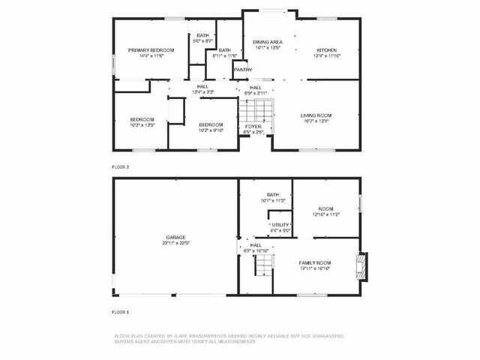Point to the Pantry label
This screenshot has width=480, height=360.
click(242, 70)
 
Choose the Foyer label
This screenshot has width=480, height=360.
click(253, 128)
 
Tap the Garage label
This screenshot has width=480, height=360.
click(175, 239)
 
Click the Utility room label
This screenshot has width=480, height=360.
click(280, 226)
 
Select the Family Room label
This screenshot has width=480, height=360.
click(316, 265)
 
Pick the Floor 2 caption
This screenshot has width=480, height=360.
click(121, 166)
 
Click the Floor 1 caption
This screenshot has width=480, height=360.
click(121, 311)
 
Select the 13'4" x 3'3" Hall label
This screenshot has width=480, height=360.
click(202, 88)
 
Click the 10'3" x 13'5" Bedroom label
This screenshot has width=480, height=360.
click(142, 122)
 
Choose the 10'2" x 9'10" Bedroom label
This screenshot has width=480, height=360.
click(211, 127)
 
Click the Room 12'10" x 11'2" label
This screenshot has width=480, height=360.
click(326, 211)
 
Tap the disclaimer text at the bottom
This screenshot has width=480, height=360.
click(229, 338)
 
